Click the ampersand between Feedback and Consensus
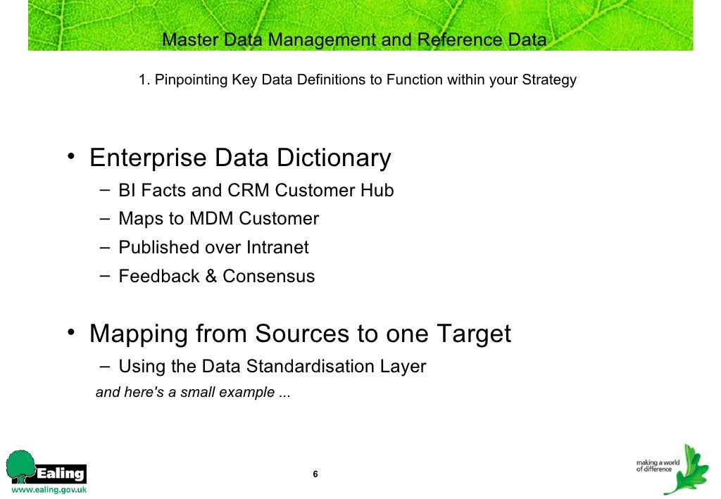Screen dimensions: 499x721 tap(211, 277)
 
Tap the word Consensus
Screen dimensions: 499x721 tap(269, 277)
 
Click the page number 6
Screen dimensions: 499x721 tap(315, 474)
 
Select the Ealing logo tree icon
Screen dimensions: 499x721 tap(20, 466)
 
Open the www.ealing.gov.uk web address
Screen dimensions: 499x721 tap(48, 490)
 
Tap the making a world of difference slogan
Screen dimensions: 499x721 tap(654, 466)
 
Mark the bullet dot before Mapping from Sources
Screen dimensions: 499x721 tap(72, 331)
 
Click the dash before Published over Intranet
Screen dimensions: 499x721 tap(104, 247)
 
